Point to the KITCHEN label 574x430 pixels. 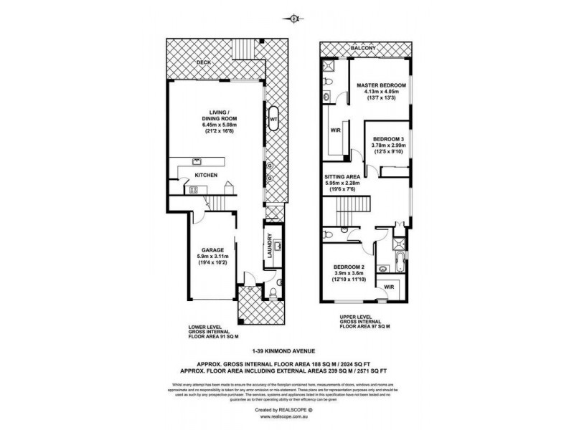click(207, 175)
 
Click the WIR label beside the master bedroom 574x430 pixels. click(334, 131)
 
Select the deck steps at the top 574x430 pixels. click(246, 45)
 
